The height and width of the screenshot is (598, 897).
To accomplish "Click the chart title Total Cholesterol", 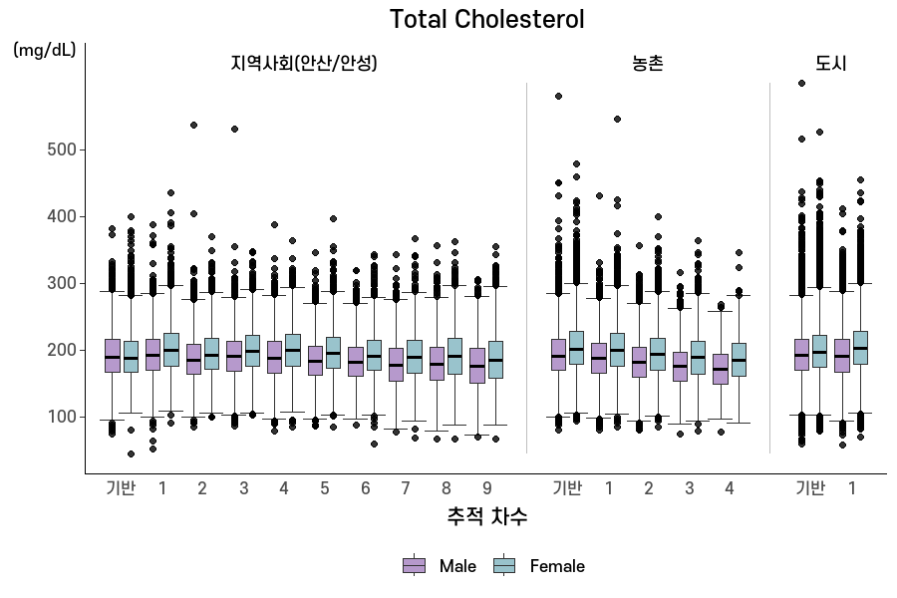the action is tap(486, 20).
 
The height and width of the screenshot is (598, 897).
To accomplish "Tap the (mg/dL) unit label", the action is tap(45, 51).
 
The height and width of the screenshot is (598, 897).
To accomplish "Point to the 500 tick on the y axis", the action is tap(62, 149).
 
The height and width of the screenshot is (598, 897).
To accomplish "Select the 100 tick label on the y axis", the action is tap(62, 418).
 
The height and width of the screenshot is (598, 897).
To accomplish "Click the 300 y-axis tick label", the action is tap(62, 283).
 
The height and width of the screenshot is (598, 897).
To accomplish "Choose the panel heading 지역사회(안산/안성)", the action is tap(304, 63).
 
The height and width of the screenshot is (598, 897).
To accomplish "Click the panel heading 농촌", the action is tap(648, 63).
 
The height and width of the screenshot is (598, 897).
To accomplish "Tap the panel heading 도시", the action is tap(830, 63).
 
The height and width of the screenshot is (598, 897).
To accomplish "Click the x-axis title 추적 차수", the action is tap(486, 516).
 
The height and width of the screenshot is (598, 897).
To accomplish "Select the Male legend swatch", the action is tap(415, 565).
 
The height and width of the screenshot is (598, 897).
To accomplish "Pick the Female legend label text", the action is tap(557, 566).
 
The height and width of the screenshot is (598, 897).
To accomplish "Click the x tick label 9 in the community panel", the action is tap(486, 488).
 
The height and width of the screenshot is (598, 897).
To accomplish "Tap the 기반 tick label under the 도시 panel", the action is tap(810, 488).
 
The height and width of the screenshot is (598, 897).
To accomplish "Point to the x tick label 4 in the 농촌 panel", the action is tap(730, 488).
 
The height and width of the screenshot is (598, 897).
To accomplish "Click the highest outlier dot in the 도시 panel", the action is tap(801, 84).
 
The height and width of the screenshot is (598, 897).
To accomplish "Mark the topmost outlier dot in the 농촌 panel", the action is tap(558, 96).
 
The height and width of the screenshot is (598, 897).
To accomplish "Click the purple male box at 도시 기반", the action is tap(801, 355).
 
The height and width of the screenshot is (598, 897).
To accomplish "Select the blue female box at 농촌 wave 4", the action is tap(740, 360).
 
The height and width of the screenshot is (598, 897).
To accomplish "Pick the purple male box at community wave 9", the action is tap(477, 366).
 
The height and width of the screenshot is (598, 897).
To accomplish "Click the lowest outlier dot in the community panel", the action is tap(131, 453).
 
